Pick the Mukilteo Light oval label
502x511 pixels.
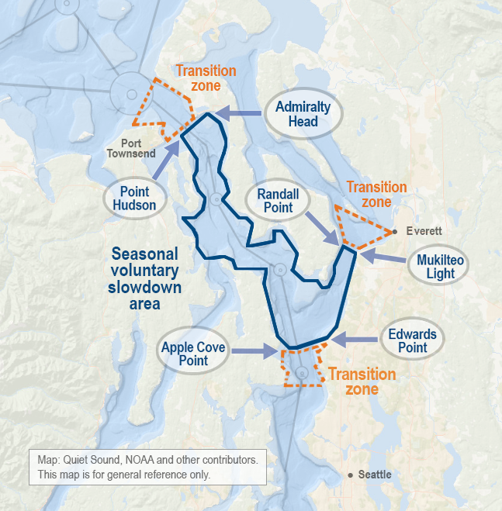click(x=441, y=266)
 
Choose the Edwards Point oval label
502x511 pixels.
click(x=412, y=340)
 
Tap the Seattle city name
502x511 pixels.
click(x=374, y=475)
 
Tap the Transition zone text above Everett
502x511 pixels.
click(x=376, y=194)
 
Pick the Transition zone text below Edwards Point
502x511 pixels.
click(x=362, y=382)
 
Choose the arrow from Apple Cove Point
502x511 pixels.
click(x=254, y=352)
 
